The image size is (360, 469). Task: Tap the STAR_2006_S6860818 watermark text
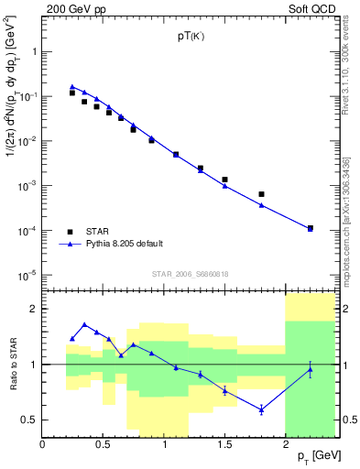[190, 274]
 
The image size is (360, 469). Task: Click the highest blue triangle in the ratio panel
[84, 324]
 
